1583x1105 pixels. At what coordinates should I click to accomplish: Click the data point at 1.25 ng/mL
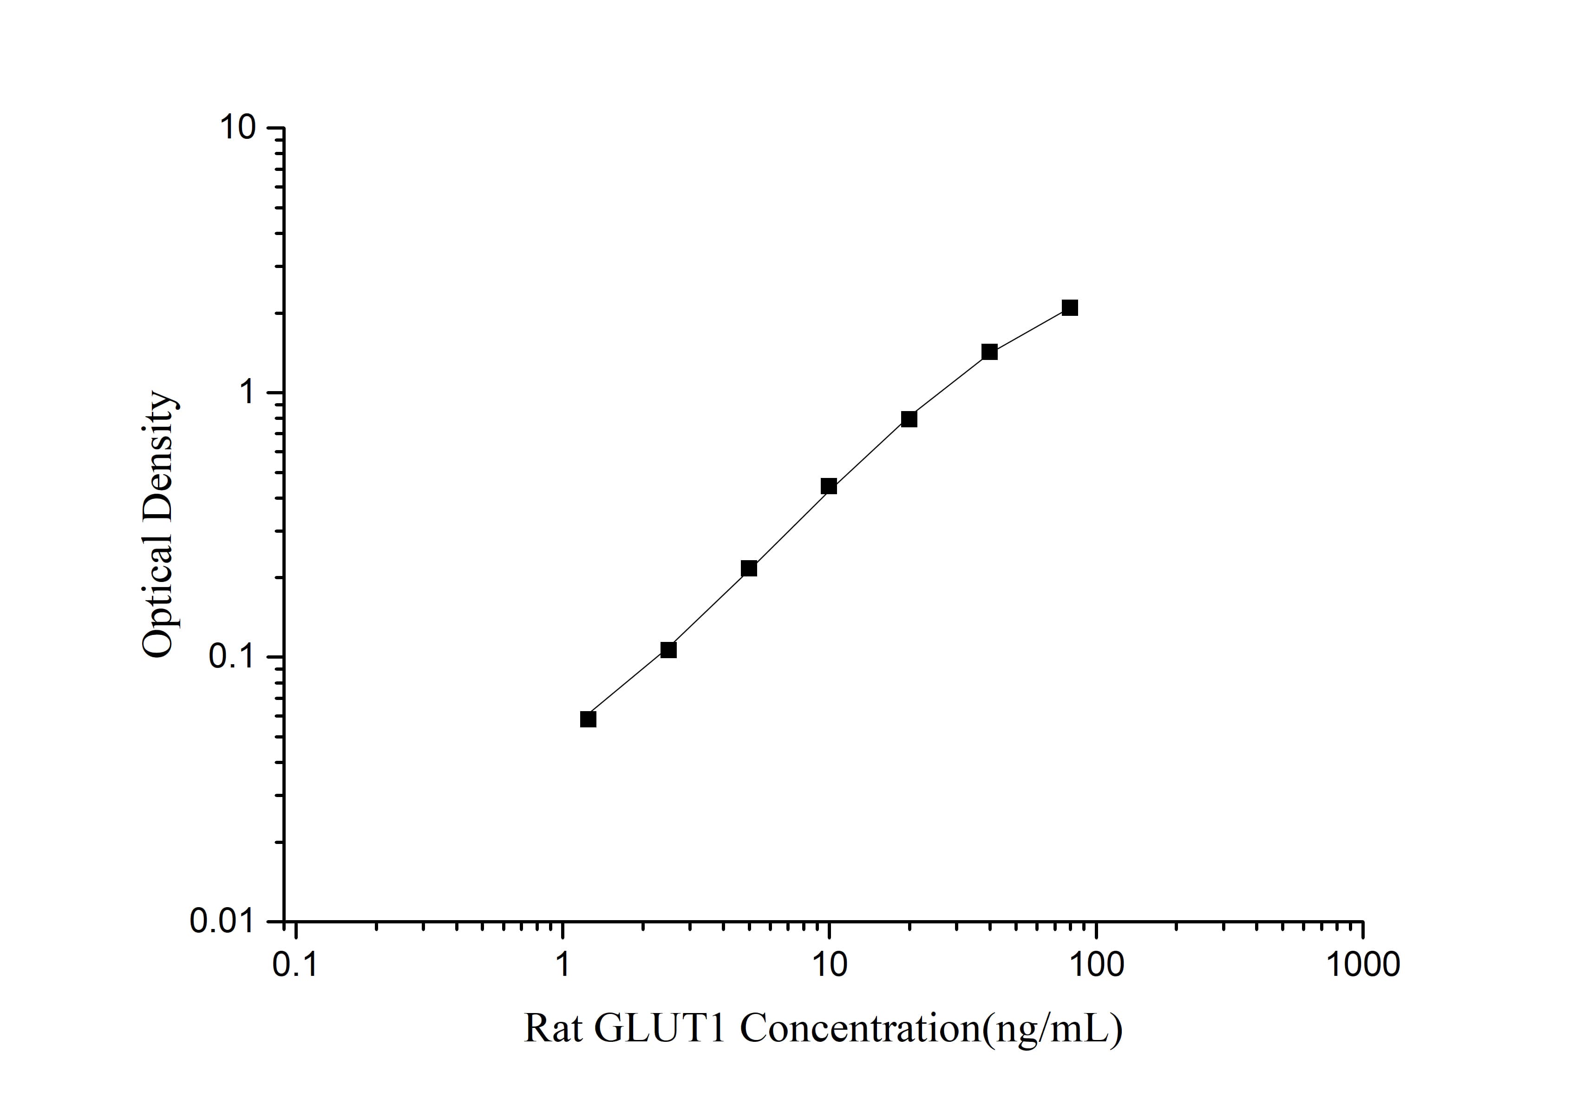tap(588, 719)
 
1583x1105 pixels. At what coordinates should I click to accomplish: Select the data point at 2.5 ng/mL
tap(668, 649)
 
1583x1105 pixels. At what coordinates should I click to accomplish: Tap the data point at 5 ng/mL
tap(749, 568)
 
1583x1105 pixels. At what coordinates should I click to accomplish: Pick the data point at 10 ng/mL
tap(829, 486)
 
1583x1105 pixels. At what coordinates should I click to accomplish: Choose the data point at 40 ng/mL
tap(989, 352)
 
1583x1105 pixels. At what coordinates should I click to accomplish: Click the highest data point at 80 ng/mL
tap(1069, 307)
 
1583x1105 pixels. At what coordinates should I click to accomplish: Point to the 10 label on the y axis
tap(237, 128)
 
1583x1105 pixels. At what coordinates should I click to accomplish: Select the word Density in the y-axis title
tap(158, 457)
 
